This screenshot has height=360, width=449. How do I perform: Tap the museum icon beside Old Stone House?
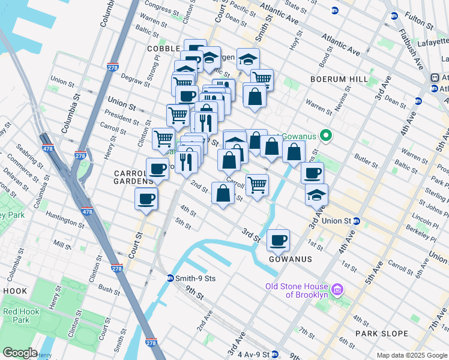coord(337,290)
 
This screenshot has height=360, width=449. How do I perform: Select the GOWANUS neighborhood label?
coord(291,259)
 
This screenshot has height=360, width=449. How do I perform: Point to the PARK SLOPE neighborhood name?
coord(381,334)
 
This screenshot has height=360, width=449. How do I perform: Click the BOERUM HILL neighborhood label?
coord(337,79)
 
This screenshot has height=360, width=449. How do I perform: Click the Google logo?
coord(20,353)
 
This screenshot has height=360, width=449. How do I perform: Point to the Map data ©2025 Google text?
coord(411,355)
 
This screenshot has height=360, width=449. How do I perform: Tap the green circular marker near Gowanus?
coord(326,135)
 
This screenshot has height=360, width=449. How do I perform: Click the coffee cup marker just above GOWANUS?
coord(278,241)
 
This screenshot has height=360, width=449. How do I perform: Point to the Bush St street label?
coord(109,289)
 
